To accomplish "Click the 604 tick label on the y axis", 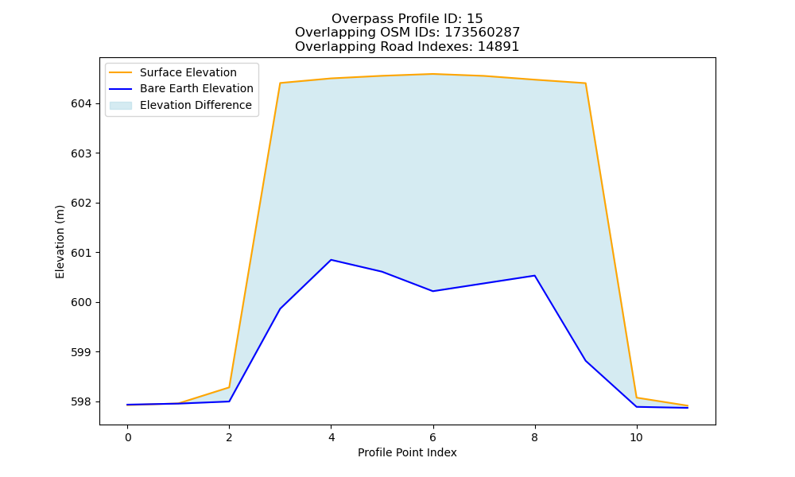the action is (81, 104).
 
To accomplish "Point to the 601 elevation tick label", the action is (81, 253).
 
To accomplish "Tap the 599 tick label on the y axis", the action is (81, 352).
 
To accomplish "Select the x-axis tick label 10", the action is (636, 437).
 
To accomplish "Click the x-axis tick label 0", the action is (128, 437).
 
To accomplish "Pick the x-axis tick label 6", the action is (433, 437).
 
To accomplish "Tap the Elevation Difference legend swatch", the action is (121, 106).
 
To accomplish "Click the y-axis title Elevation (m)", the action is (60, 242).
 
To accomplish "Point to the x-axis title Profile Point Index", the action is (407, 452).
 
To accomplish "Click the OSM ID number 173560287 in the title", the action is (483, 33).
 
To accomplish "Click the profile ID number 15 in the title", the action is (475, 19).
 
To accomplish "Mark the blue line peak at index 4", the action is (331, 260).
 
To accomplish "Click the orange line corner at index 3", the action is (280, 83).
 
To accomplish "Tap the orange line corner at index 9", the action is (586, 83).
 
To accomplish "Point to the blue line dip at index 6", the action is (433, 291).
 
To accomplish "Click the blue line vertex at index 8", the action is (534, 276).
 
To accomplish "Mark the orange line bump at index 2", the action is (229, 387).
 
